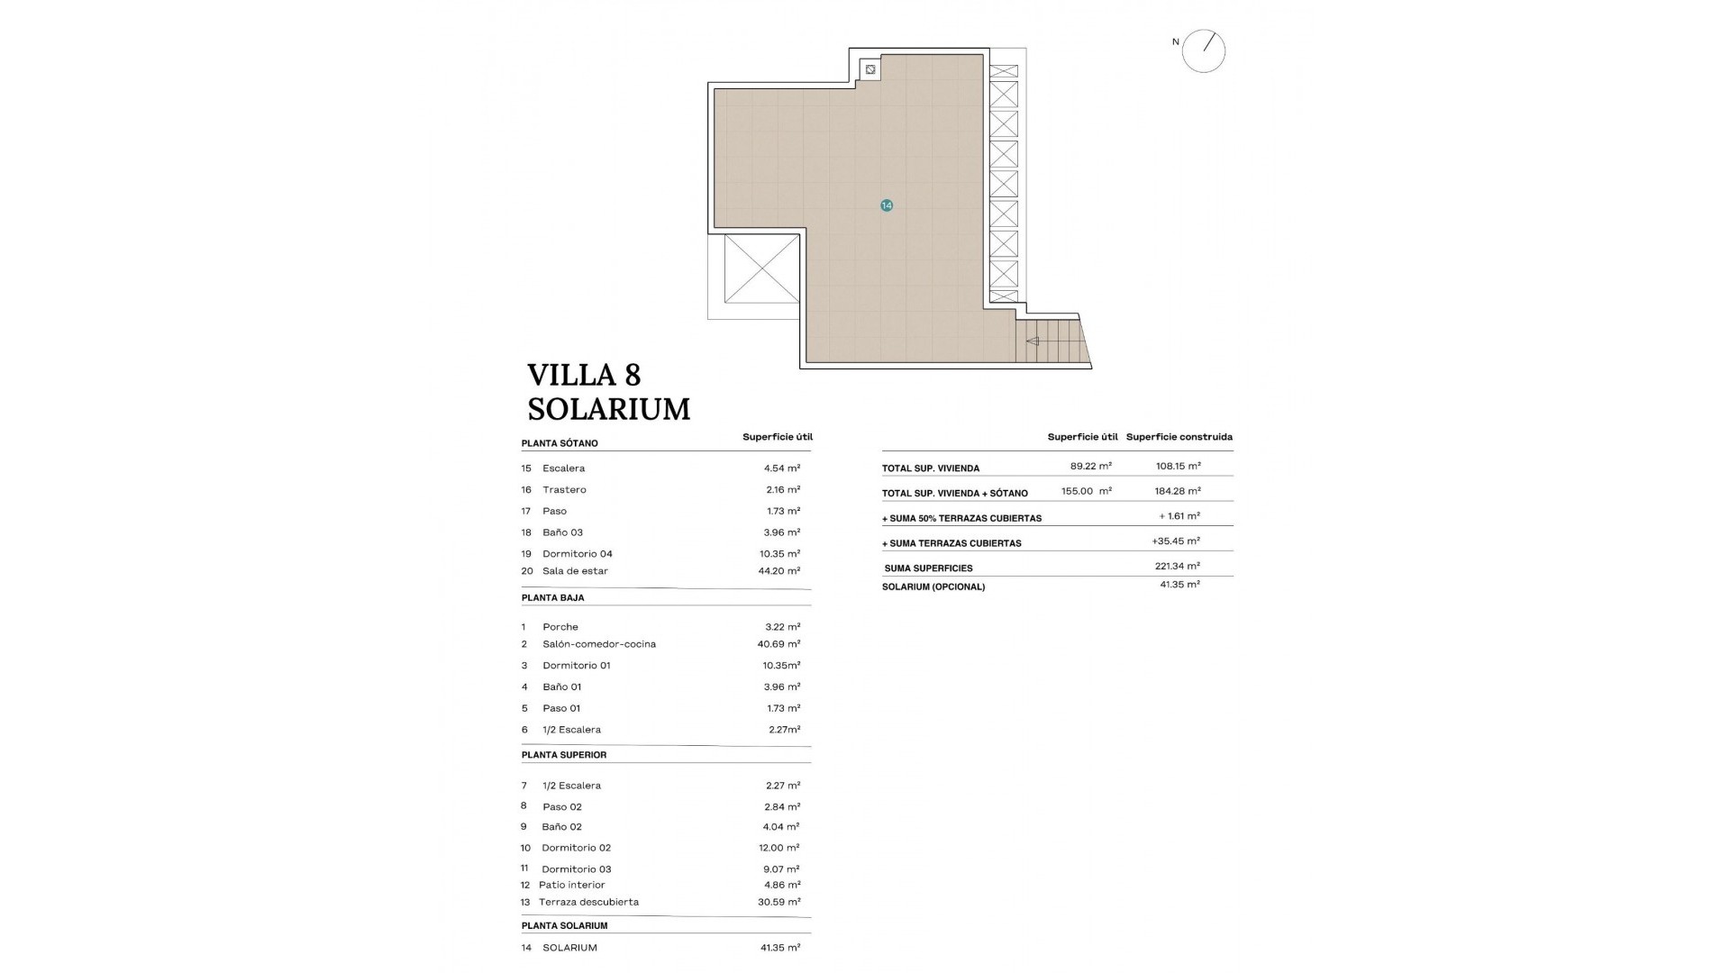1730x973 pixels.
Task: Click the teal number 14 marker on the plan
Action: (x=887, y=205)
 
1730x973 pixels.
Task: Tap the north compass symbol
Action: (x=1204, y=50)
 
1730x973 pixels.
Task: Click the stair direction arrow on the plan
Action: (x=1033, y=341)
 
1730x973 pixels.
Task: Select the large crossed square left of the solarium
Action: (x=761, y=269)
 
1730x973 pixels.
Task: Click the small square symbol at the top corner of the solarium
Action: (x=870, y=68)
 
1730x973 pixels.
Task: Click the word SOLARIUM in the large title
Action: (x=609, y=409)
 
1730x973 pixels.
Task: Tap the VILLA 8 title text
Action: (x=584, y=375)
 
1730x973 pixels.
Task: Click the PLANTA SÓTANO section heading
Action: (x=560, y=443)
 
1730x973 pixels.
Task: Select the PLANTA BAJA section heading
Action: (x=552, y=597)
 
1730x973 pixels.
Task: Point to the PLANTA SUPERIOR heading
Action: (x=564, y=755)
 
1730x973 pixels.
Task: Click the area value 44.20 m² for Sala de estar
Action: (x=779, y=571)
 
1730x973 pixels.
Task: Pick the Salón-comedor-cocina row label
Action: (x=599, y=644)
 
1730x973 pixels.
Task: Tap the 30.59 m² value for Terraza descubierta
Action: (x=779, y=902)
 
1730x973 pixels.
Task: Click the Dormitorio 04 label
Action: (x=578, y=554)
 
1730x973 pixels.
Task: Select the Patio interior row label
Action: (x=573, y=885)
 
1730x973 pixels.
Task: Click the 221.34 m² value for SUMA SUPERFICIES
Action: (x=1178, y=566)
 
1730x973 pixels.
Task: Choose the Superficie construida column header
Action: (x=1179, y=437)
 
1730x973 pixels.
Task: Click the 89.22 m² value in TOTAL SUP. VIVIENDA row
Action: (x=1090, y=466)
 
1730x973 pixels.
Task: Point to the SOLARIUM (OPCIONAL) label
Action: (x=933, y=587)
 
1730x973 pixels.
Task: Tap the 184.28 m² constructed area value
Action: (x=1178, y=491)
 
